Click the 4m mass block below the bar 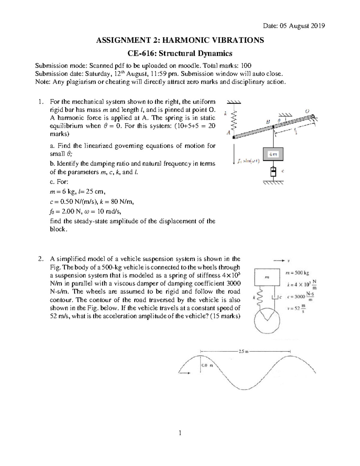click(273, 154)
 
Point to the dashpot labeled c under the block click(273, 172)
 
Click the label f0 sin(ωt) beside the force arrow click(249, 161)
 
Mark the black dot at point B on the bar click(273, 127)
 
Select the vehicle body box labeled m click(267, 277)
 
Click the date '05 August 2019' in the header click(303, 26)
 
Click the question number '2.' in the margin click(41, 259)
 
